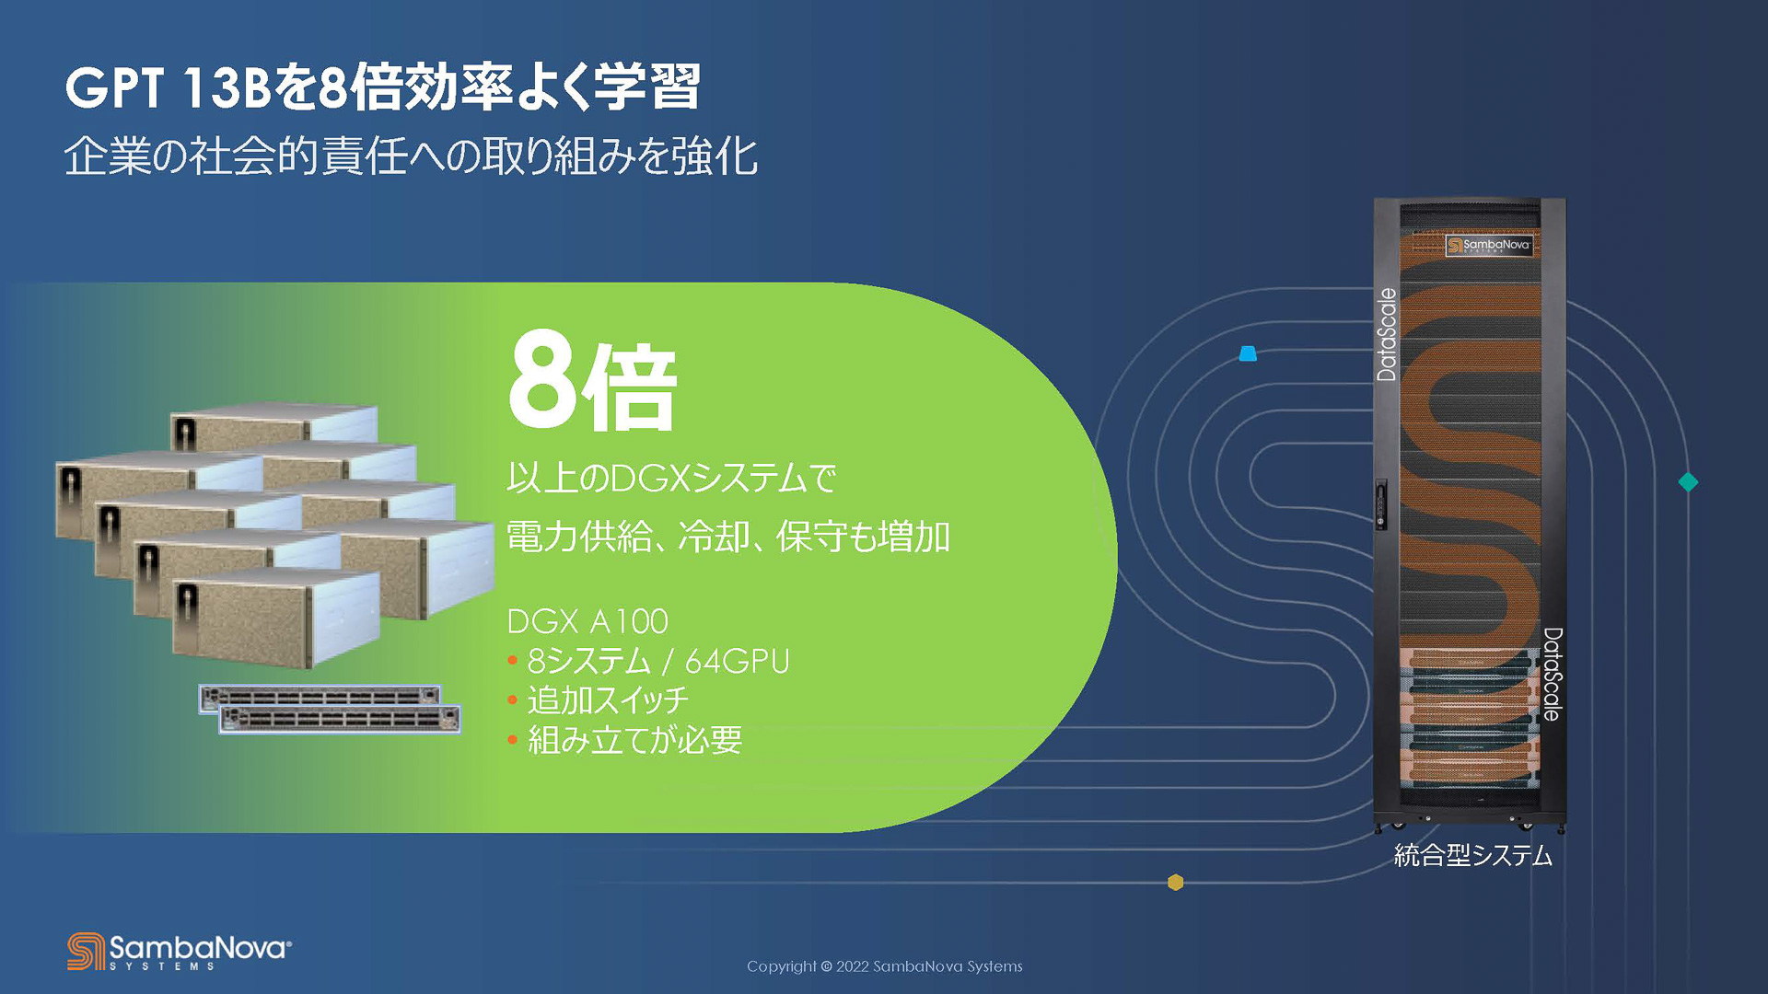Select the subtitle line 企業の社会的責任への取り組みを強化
tap(411, 156)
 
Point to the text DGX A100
tap(587, 622)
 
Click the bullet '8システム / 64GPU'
tap(657, 661)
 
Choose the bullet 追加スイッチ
tap(607, 700)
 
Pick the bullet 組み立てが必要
tap(634, 740)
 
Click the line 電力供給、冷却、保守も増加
tap(727, 537)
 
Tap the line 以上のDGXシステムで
tap(671, 478)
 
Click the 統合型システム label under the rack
tap(1472, 856)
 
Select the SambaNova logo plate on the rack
tap(1488, 245)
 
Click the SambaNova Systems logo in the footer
tap(180, 952)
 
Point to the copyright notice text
tap(884, 966)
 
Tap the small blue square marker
tap(1248, 353)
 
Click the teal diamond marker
tap(1688, 481)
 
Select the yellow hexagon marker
tap(1175, 882)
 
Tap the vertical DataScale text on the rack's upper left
tap(1387, 334)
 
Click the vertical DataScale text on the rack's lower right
tap(1553, 674)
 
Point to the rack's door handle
tap(1381, 503)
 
